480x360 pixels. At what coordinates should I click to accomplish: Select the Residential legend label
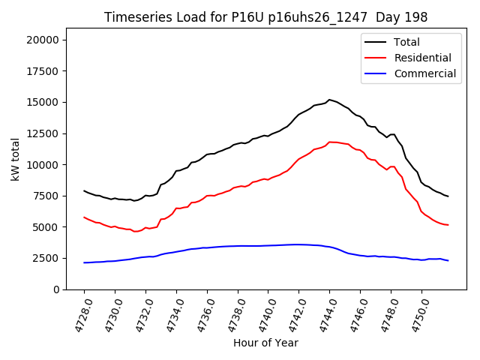pos(423,58)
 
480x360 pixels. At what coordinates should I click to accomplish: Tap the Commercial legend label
pos(425,73)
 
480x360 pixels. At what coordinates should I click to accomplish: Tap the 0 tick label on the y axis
pos(63,289)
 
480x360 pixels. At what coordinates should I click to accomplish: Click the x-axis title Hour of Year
pos(265,343)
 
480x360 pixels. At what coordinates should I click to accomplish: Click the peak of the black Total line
pos(329,100)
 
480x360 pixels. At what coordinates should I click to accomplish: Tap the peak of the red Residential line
pos(330,142)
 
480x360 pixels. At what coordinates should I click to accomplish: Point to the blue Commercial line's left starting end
pos(84,262)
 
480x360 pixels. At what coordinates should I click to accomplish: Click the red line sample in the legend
pos(376,58)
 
